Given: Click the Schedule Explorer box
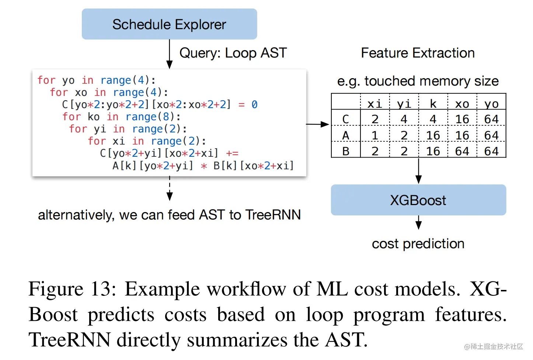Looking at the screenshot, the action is tap(170, 24).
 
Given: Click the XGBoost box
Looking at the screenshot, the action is tap(418, 200).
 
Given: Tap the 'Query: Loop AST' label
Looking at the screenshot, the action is tap(233, 53).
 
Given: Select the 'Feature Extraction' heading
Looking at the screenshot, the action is tap(418, 53).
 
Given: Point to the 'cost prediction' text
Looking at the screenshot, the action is tap(418, 244).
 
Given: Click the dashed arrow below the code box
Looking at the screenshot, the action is tap(170, 188).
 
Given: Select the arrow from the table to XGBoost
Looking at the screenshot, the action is tap(418, 170).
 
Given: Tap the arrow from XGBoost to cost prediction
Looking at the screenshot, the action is tap(418, 222).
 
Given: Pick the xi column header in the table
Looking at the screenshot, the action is tap(375, 104).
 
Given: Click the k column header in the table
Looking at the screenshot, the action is tap(433, 104).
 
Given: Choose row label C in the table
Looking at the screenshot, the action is tap(345, 119).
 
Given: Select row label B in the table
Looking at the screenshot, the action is tap(346, 151).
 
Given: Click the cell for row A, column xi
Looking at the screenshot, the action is tap(375, 135).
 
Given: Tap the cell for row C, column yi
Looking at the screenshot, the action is tap(404, 119).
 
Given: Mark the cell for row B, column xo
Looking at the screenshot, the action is tap(462, 151).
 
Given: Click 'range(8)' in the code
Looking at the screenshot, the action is tap(150, 117).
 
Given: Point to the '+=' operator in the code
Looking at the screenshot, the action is tap(232, 153).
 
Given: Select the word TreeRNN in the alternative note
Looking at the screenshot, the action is tap(273, 215).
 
